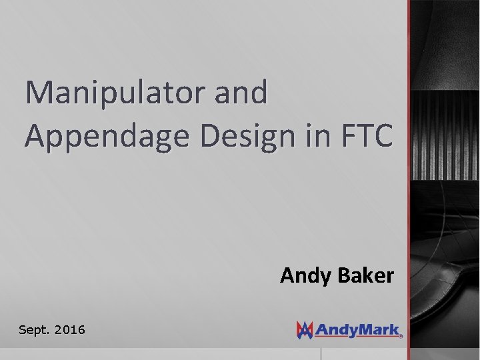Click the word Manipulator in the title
pyautogui.click(x=116, y=93)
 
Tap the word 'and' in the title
pyautogui.click(x=241, y=93)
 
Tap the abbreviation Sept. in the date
pyautogui.click(x=33, y=329)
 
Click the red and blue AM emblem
pyautogui.click(x=305, y=329)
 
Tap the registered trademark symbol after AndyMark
pyautogui.click(x=401, y=336)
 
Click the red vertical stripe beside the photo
pyautogui.click(x=409, y=180)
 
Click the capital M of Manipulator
pyautogui.click(x=38, y=93)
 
